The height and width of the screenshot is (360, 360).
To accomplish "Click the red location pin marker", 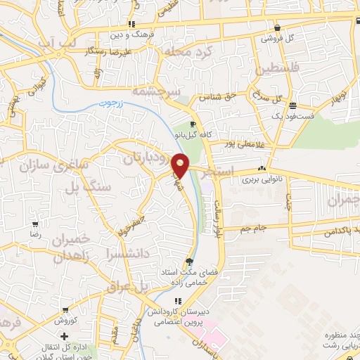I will (x=181, y=165).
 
